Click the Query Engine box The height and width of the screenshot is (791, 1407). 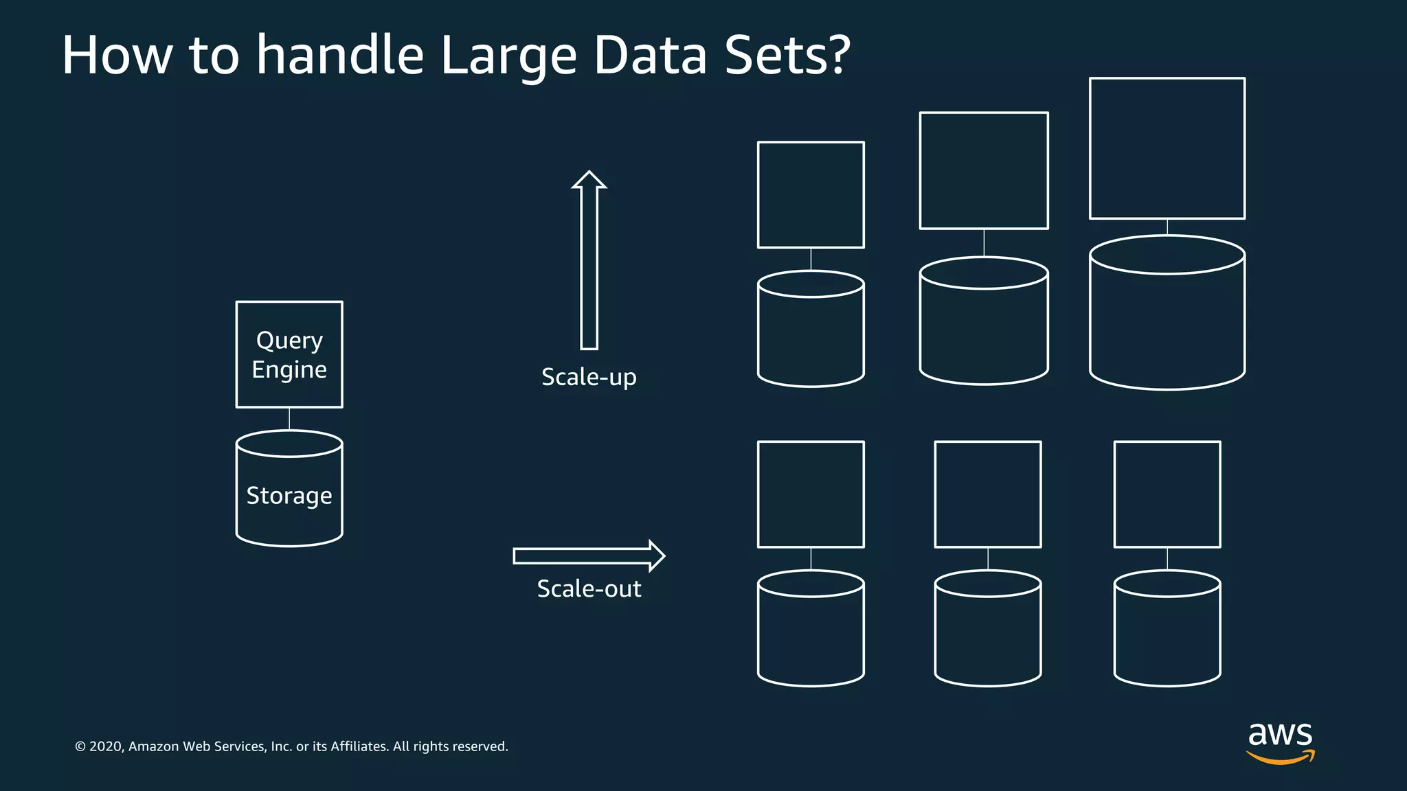289,354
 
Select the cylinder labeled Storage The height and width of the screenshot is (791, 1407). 289,494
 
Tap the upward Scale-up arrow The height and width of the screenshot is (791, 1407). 589,261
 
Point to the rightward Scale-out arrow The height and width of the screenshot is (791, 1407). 588,556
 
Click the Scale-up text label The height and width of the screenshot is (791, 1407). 589,377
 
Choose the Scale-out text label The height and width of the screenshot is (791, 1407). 589,588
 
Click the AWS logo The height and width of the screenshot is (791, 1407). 1280,742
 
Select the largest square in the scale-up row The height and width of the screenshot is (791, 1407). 1167,148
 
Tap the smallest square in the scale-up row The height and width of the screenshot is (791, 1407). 811,195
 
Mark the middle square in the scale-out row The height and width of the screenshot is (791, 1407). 988,494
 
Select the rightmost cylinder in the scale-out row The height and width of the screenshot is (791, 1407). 1167,632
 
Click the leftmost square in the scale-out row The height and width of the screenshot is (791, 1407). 811,494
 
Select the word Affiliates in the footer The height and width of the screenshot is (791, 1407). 359,746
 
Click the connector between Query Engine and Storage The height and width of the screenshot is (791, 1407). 289,419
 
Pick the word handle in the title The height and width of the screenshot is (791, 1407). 340,55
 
